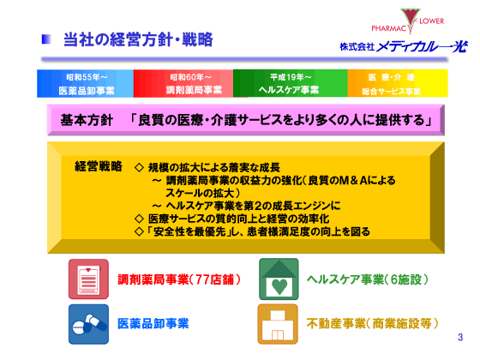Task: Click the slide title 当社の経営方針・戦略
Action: point(138,39)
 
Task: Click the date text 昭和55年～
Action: point(84,76)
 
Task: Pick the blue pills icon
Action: point(88,323)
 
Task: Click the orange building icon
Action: point(278,323)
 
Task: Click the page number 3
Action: point(459,337)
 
